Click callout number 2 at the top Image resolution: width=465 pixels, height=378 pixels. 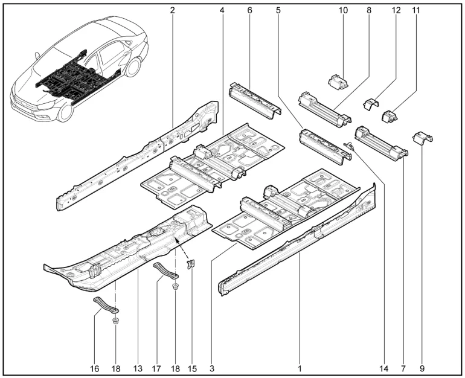click(x=172, y=10)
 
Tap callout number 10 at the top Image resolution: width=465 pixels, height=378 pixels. click(x=343, y=10)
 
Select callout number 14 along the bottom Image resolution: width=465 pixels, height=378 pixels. click(x=383, y=368)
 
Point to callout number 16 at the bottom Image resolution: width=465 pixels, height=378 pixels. click(x=94, y=368)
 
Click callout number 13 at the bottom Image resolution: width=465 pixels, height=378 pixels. click(x=138, y=368)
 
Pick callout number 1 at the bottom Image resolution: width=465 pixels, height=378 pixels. click(x=300, y=368)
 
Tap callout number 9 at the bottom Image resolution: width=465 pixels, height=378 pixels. click(x=422, y=368)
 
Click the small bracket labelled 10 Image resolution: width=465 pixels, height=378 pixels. click(x=338, y=82)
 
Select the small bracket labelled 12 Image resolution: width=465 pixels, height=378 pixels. click(x=371, y=104)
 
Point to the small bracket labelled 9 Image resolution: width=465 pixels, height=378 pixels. click(x=423, y=138)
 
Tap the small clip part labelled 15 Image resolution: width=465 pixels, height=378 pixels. click(x=191, y=263)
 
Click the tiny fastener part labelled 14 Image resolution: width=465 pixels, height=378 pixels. click(x=349, y=146)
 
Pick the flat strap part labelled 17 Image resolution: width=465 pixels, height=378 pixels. click(x=165, y=270)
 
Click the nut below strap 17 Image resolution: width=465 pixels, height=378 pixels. click(x=176, y=287)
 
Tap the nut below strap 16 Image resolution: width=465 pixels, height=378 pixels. click(x=116, y=321)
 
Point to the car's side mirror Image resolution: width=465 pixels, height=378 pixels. click(x=37, y=56)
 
